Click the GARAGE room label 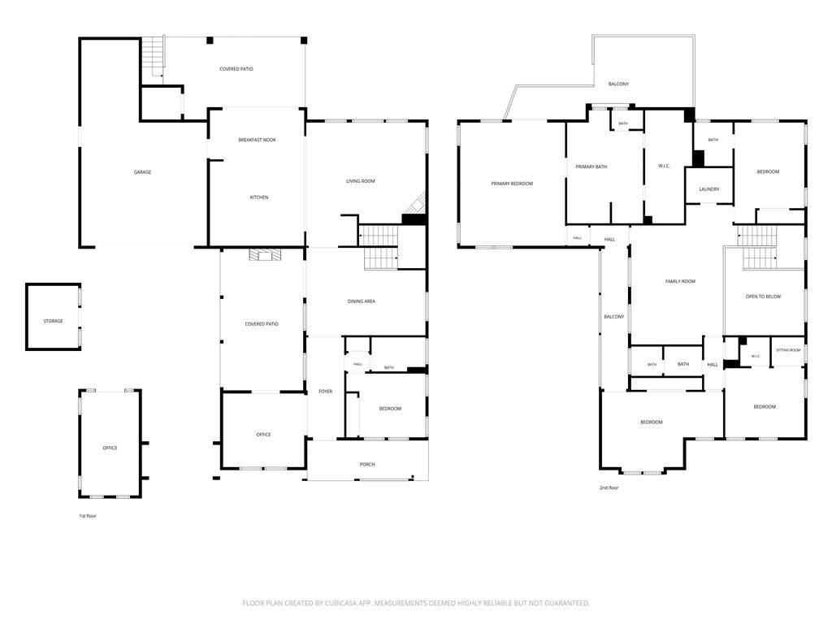142,172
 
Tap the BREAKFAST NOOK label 258,140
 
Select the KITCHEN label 259,197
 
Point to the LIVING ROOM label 361,181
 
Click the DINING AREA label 362,301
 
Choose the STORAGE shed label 53,321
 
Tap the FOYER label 325,392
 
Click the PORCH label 367,464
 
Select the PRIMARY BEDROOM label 512,184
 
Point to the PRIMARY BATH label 591,167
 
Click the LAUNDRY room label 709,188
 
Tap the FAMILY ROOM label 680,281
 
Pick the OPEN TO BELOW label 763,297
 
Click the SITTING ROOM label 788,350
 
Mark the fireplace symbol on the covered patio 265,255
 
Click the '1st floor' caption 88,516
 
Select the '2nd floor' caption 609,487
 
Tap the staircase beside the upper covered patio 153,57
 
